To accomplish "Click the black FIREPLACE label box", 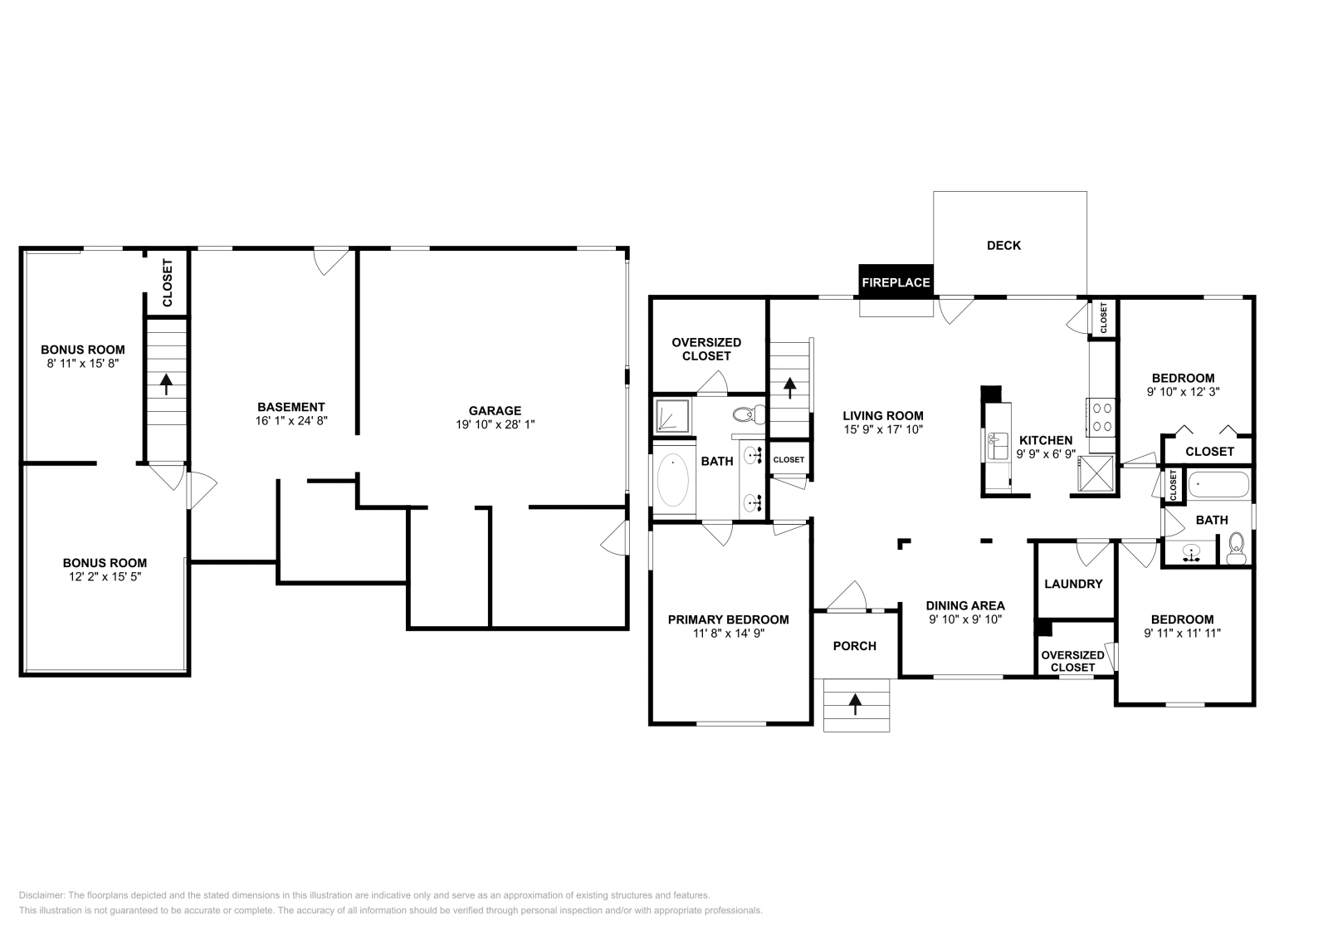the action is coord(896,281).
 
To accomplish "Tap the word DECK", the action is coord(1003,246).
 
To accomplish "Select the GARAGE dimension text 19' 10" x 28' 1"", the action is coord(495,424).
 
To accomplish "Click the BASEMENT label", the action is coord(291,408).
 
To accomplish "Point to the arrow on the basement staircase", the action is coord(167,384).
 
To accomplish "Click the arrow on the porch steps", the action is coord(855,704).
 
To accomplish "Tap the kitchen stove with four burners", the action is coord(1101,417).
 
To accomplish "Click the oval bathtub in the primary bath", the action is coord(673,480).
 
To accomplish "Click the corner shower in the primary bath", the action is coord(673,416).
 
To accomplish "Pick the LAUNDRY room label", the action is coord(1073,584).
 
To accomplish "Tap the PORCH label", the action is coord(854,646).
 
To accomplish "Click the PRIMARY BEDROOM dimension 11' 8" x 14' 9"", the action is coord(729,634).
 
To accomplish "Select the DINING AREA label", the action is coord(965,606).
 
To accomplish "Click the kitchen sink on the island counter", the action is coord(997,446).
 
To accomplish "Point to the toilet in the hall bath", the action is coord(1236,549).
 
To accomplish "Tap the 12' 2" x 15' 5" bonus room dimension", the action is coord(105,577).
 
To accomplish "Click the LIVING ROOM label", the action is coord(883,416).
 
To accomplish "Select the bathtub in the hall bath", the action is coord(1218,484).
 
